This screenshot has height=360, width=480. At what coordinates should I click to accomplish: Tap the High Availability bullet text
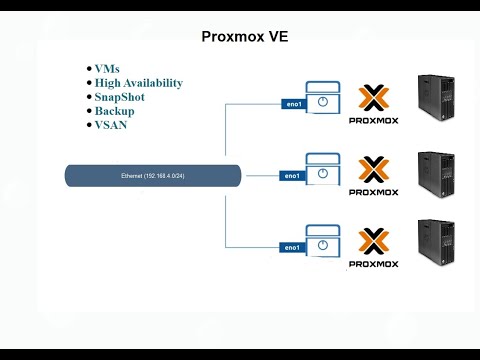click(138, 83)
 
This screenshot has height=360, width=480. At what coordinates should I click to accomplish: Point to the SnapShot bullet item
click(121, 97)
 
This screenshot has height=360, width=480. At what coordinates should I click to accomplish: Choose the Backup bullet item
click(114, 111)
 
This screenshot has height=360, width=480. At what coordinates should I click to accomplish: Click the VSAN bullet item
click(111, 125)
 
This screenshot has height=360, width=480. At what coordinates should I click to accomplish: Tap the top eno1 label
click(291, 102)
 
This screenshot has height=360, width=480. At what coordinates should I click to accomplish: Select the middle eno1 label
click(291, 175)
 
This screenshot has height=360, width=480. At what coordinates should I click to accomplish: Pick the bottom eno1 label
click(291, 247)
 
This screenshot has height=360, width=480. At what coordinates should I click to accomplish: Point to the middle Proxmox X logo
click(373, 169)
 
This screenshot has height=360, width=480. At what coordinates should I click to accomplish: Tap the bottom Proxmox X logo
click(373, 242)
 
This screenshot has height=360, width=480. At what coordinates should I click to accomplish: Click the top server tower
click(438, 105)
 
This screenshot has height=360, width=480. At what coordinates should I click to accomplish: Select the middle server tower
click(438, 177)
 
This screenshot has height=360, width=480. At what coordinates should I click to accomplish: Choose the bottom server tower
click(438, 248)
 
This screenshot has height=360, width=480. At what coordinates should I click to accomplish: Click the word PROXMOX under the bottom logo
click(373, 264)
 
